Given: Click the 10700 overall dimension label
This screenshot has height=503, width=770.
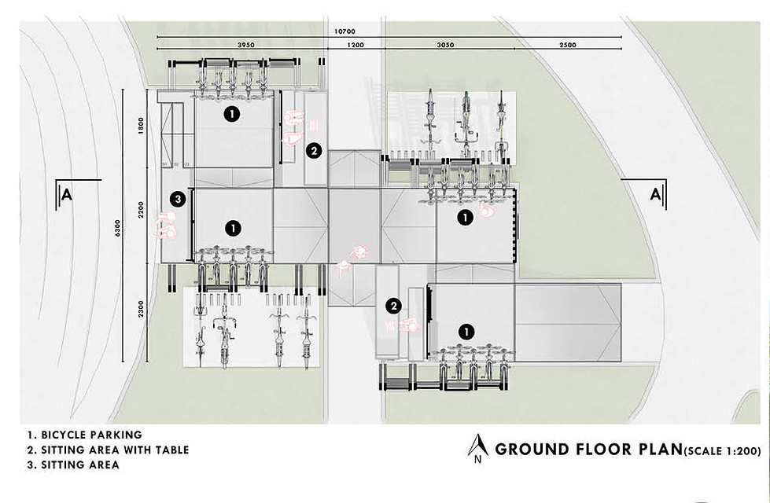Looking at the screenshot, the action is tap(344, 31).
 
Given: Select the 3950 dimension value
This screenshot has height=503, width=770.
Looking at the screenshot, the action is tap(246, 45).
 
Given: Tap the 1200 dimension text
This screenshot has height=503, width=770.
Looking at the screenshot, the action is tap(356, 45).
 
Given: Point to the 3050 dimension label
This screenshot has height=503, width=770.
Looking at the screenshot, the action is tap(445, 45).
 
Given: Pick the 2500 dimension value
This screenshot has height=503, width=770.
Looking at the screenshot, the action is tap(568, 45).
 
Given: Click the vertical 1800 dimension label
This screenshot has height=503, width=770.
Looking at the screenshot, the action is tap(142, 126).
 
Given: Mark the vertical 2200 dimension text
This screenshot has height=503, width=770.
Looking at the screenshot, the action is tap(142, 210).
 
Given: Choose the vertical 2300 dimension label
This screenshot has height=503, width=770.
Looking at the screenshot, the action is tap(142, 309).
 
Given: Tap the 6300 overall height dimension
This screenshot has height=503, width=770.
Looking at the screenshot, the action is tap(117, 228).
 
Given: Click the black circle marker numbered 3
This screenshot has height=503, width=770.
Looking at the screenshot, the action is tap(178, 200).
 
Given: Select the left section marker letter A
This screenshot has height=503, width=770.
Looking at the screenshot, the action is tap(67, 195).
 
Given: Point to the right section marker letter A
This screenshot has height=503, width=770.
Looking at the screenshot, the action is tap(655, 194).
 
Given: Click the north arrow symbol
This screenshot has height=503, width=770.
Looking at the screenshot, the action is tap(477, 446).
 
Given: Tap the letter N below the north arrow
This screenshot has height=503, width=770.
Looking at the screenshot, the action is tap(477, 461).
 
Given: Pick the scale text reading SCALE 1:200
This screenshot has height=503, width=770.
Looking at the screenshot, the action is tap(722, 450).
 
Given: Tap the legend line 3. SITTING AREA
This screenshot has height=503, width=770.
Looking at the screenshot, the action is tap(73, 464).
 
